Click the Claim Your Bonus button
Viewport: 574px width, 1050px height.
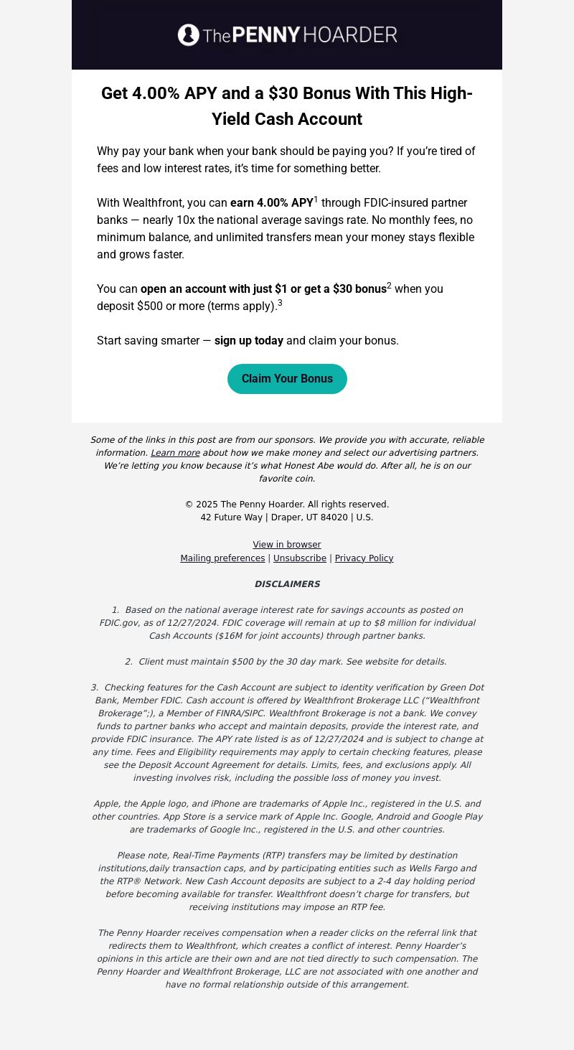point(287,379)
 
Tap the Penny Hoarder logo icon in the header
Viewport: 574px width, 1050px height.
point(189,35)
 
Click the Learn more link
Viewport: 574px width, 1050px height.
point(175,453)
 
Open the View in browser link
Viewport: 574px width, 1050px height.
point(287,545)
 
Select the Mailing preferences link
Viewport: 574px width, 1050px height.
point(222,558)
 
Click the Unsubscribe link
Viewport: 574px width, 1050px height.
point(300,558)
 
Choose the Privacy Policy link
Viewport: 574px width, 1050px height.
point(364,558)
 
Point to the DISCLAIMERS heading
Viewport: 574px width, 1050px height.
point(287,584)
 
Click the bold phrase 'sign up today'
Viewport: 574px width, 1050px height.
point(249,341)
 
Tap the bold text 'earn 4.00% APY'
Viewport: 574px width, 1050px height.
point(272,203)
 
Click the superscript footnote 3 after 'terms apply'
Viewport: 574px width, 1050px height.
point(280,303)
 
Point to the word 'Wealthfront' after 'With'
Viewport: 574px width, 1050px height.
point(153,203)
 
